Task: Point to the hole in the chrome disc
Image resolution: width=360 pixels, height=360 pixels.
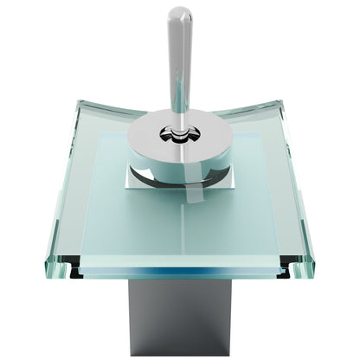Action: coord(179,135)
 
